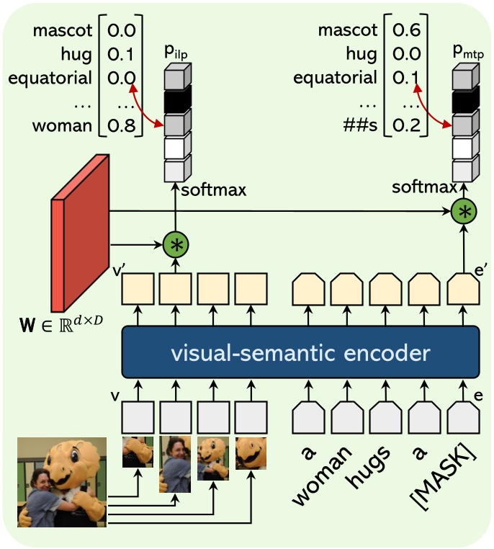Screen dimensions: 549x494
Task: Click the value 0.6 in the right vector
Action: tap(405, 31)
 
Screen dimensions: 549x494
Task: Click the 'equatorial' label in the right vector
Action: tap(336, 78)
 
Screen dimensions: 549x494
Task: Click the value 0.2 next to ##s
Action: tap(405, 127)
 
